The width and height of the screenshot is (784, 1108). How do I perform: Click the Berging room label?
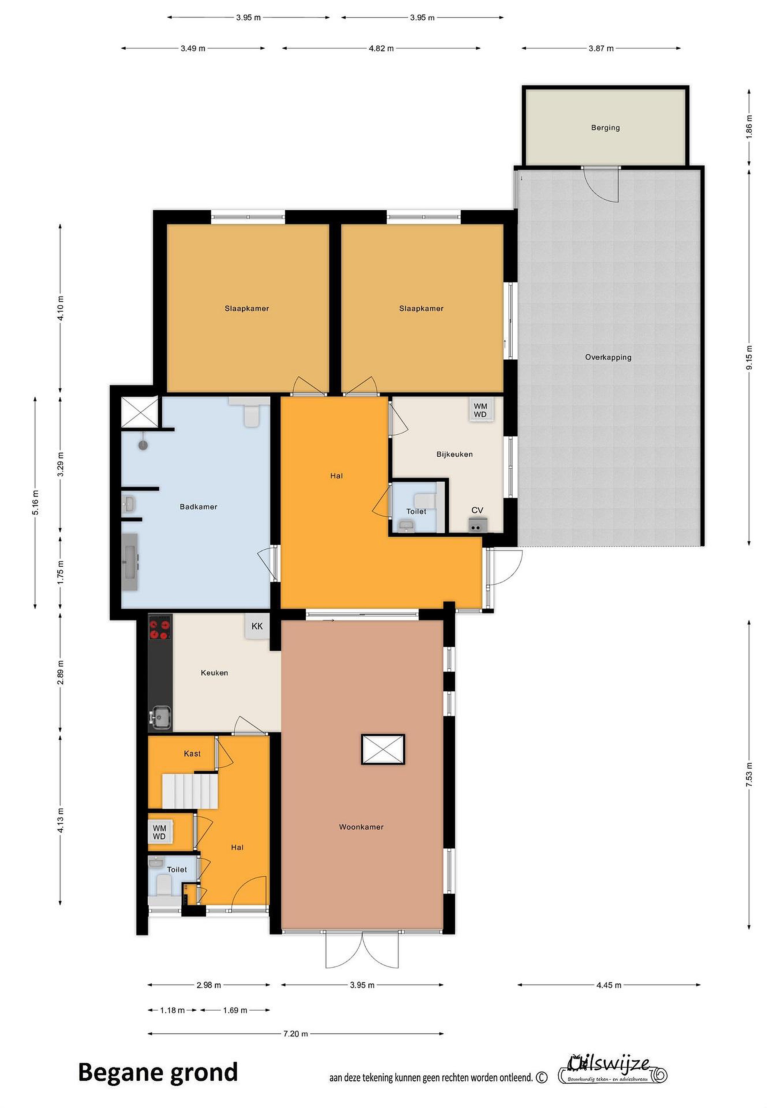pos(605,128)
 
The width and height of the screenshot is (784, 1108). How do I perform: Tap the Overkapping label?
pos(608,357)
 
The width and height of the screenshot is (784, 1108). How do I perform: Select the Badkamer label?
pos(199,507)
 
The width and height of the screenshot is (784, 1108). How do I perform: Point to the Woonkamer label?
pos(361,827)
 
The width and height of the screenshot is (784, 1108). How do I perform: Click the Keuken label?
pos(214,673)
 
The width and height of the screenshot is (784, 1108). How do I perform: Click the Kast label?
pos(192,754)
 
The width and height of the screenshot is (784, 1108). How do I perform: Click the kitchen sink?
pos(161,716)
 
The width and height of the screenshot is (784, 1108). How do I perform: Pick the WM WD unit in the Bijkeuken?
pos(480,410)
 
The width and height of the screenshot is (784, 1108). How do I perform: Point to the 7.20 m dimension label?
pos(296,1034)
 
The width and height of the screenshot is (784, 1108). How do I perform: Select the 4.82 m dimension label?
pos(381,48)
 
